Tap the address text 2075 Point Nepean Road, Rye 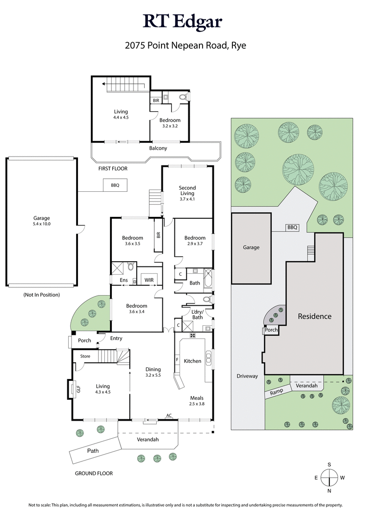tap(185, 45)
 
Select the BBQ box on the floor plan tap(115, 185)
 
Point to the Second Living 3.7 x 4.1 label tap(187, 193)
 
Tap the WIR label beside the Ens tap(149, 280)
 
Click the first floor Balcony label tap(158, 148)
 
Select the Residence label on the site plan tap(314, 316)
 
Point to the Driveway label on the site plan tap(246, 376)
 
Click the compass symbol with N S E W tap(329, 477)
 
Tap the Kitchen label tap(192, 361)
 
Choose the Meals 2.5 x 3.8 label tap(197, 400)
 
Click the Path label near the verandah tap(93, 450)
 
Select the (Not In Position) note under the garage tap(41, 295)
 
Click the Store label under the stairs tap(85, 356)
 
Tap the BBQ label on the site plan tap(292, 227)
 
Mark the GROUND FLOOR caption tap(94, 473)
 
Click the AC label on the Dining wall tap(169, 416)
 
